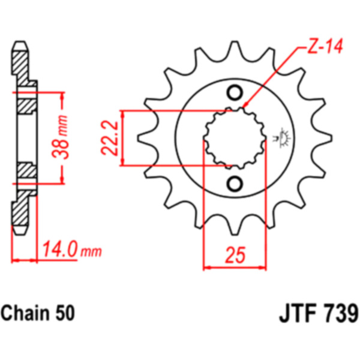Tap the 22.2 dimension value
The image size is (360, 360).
[x=109, y=139]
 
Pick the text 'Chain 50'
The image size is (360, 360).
[x=38, y=313]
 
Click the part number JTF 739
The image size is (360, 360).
[x=319, y=313]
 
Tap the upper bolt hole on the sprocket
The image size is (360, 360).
[x=235, y=93]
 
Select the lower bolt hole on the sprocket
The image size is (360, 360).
[x=235, y=183]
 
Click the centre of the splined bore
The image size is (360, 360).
[x=235, y=138]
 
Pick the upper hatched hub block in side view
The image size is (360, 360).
[x=25, y=105]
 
